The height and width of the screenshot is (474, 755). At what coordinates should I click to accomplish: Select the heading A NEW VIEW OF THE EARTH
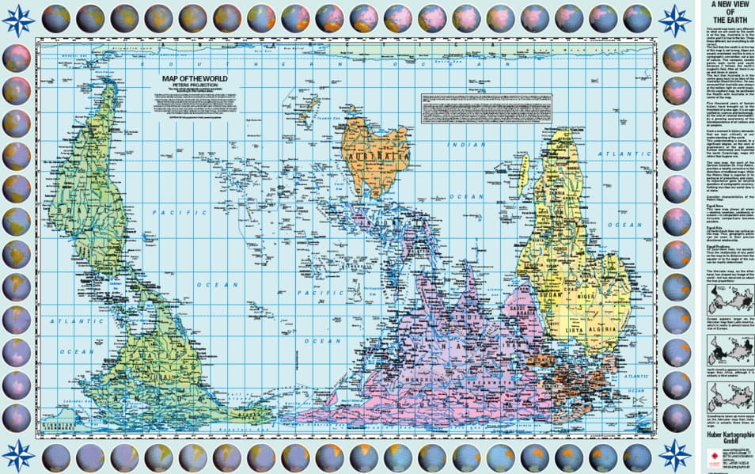[725, 12]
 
